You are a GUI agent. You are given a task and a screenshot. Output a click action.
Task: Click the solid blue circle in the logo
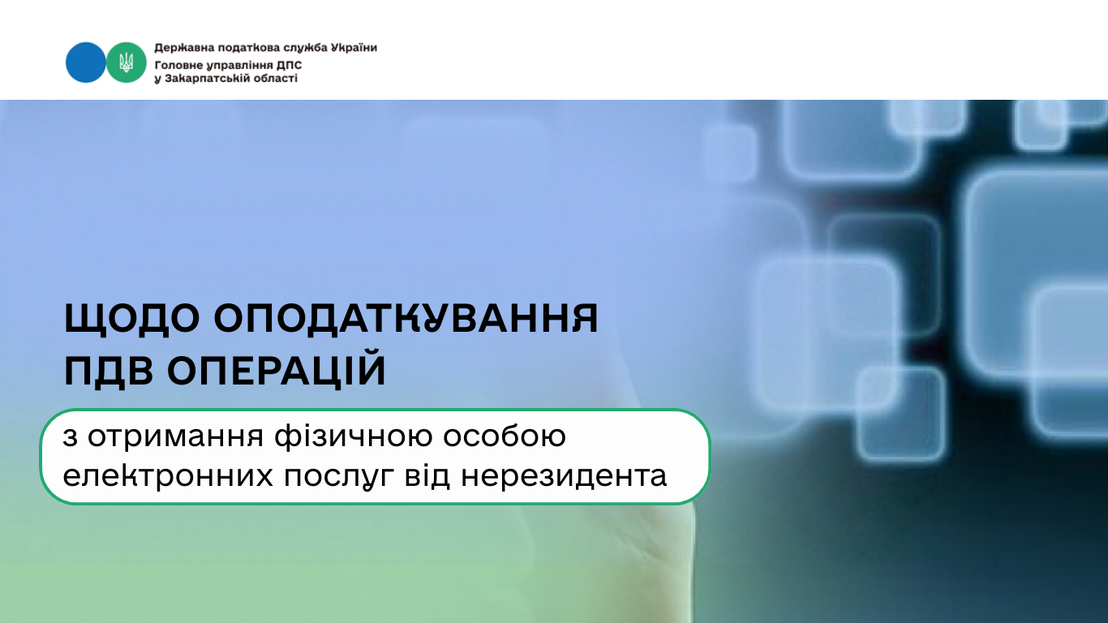click(x=85, y=62)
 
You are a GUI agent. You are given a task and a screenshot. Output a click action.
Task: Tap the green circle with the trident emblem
click(x=127, y=62)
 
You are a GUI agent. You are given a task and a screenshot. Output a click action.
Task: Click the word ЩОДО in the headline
click(x=132, y=319)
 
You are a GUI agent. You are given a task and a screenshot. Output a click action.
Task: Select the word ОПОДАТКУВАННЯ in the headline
click(x=406, y=318)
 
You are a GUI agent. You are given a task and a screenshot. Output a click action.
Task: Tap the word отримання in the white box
click(x=175, y=437)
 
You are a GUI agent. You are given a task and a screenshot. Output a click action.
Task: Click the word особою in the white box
click(x=505, y=436)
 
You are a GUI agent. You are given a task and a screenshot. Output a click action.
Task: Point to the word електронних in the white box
click(x=168, y=476)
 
